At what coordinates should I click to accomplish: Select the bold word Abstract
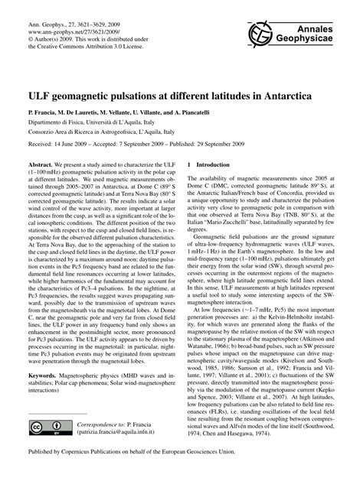42,164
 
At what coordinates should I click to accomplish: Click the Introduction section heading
214,164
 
